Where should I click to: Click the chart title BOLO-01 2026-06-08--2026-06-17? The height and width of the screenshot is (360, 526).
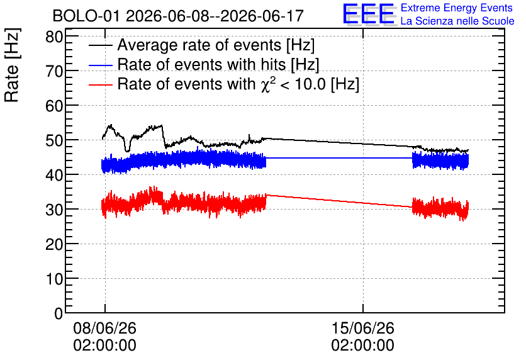tap(178, 16)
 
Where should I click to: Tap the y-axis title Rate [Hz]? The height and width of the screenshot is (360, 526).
tap(12, 65)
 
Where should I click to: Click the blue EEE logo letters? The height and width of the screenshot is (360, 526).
tap(368, 14)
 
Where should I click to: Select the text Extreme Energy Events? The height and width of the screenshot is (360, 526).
tap(457, 8)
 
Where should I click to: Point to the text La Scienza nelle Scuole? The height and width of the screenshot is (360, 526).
tap(457, 21)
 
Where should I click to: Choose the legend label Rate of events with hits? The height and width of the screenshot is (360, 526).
tap(218, 64)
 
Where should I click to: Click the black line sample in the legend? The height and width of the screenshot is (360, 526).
tap(100, 45)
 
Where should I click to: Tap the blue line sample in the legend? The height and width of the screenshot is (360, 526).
tap(100, 65)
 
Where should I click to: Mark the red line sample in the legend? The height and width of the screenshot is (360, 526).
tap(100, 84)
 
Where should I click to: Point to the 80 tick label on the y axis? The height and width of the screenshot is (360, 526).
tap(54, 37)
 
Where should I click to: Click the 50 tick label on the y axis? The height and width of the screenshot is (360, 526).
tap(54, 140)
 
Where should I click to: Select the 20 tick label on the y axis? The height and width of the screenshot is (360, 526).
tap(54, 244)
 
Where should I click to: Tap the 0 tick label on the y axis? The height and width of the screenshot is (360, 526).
tap(59, 313)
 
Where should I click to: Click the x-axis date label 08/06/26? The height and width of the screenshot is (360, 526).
tap(104, 328)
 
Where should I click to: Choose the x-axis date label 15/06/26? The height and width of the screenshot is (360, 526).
tap(362, 328)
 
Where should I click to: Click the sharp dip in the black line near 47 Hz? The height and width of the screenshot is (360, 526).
tap(127, 150)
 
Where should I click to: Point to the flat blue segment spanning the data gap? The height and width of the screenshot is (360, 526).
tap(339, 158)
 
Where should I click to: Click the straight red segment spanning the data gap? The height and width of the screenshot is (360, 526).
tap(339, 201)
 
